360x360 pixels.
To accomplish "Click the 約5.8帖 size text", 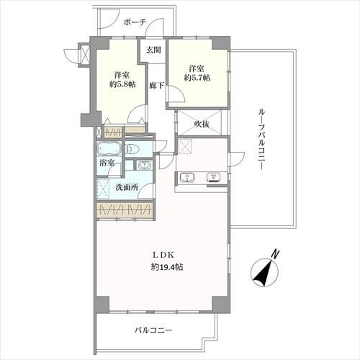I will pos(120,84).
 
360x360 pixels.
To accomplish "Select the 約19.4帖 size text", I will pos(167,267).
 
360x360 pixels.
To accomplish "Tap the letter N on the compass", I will pos(275,253).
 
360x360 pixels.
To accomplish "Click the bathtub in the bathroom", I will pos(110,150).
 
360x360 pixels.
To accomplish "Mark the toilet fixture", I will pos(134,150).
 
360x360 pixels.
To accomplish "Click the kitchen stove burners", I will pos(213,176).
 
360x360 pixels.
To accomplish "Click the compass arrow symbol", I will pos(264,274).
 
